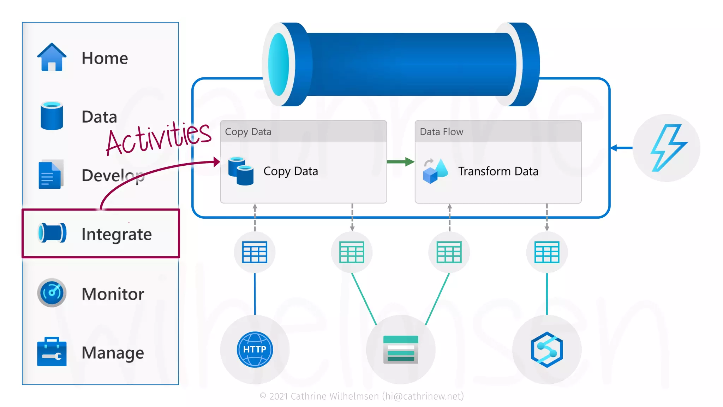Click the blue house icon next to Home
pos(52,57)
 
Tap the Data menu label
pos(99,117)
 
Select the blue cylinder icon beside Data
pos(52,116)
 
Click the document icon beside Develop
pos(50,175)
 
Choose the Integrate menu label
pos(116,234)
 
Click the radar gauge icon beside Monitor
pos(52,293)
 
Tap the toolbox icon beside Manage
pos(52,352)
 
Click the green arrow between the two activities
pos(400,162)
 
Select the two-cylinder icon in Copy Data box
pos(241,171)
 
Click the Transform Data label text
pos(498,171)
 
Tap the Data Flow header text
pos(441,132)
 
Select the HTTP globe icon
pos(255,349)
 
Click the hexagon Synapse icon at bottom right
pos(547,349)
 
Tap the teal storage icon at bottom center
pos(401,349)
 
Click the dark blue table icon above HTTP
pos(255,252)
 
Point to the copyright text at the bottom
pos(361,396)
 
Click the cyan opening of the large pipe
pos(279,64)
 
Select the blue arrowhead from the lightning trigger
pos(615,148)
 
